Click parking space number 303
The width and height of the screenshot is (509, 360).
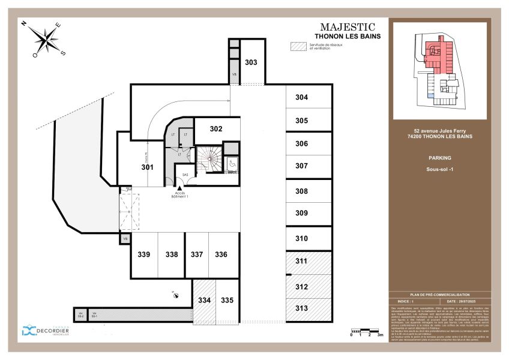pos(251,62)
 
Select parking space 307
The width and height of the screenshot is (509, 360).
pos(301,166)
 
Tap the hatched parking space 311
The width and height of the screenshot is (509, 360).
pos(301,261)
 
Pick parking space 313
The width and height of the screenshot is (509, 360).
pos(301,308)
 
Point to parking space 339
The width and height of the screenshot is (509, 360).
pos(143,254)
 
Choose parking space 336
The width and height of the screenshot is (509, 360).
pos(221,254)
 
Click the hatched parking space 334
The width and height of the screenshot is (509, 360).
pos(205,300)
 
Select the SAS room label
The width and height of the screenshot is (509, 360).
pos(185,174)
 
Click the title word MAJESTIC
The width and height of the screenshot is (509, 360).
pos(348,27)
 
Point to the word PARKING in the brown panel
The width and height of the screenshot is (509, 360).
pos(440,158)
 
